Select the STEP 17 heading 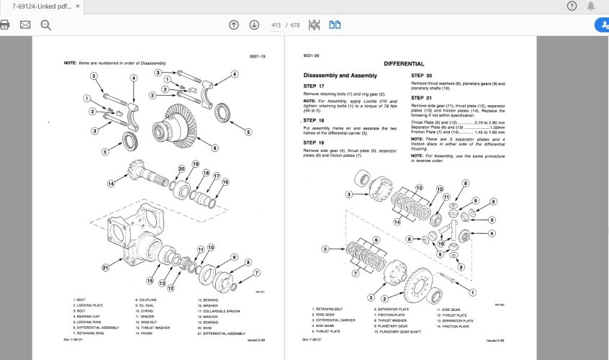314,86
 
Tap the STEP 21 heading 422,97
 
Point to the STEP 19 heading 314,143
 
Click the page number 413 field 275,25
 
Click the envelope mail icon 25,25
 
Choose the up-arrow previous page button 234,25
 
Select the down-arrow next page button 254,25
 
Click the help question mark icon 572,6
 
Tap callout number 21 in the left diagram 105,268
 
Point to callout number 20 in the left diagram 181,169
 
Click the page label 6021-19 258,56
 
